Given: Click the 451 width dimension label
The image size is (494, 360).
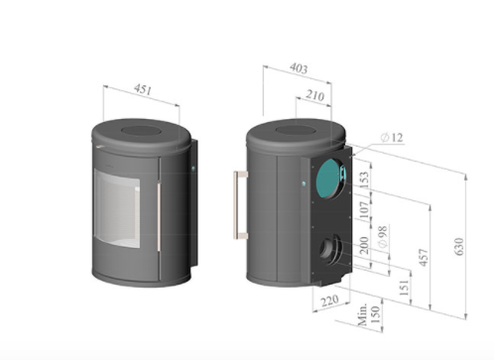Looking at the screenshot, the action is [x=143, y=89].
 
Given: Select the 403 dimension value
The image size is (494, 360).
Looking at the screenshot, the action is [x=299, y=68].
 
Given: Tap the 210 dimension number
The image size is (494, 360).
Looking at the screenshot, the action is [x=314, y=95].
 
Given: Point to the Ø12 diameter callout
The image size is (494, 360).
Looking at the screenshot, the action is [x=392, y=137].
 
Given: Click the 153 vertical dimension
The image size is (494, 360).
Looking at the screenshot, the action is [x=363, y=180].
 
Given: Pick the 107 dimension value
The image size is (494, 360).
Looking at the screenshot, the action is [x=363, y=209].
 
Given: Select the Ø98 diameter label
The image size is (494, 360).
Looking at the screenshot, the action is [x=382, y=237].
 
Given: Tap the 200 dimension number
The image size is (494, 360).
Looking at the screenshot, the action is [x=364, y=245].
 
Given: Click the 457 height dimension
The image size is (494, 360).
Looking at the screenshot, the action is [x=424, y=257].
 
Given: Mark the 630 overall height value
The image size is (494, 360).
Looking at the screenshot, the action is [x=459, y=246].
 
